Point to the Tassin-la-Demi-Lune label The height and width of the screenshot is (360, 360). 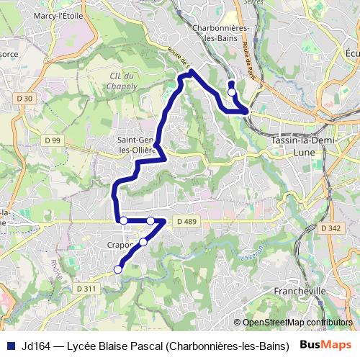coord(300,148)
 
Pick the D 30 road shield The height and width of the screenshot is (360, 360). coord(23,98)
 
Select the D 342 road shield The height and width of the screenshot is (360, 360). coord(330,228)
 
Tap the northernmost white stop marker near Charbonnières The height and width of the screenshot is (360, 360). coord(231,92)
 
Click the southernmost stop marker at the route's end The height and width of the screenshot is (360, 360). coord(118,269)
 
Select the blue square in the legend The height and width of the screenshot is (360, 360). coord(12,345)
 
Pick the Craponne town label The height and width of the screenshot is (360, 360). coord(121,245)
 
